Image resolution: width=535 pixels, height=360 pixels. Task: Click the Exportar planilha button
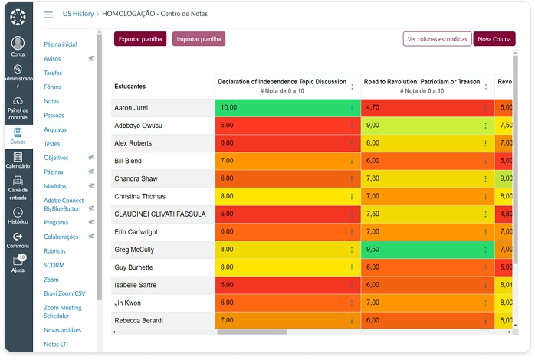click(140, 39)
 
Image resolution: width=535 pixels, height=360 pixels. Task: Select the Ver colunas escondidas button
click(437, 39)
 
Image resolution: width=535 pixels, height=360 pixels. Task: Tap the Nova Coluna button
click(494, 39)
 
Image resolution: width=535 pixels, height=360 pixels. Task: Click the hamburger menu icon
click(48, 15)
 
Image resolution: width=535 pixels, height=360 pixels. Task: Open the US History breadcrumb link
click(78, 14)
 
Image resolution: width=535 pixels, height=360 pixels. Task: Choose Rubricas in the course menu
click(54, 251)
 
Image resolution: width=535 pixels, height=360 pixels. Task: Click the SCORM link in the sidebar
click(54, 265)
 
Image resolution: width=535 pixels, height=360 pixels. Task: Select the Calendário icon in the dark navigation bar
click(18, 157)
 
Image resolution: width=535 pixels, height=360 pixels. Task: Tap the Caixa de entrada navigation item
click(18, 188)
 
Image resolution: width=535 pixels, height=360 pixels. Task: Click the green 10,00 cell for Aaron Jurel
click(287, 108)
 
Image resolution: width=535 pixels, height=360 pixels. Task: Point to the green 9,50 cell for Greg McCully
click(428, 250)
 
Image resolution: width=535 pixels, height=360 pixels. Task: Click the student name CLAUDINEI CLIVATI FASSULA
click(160, 214)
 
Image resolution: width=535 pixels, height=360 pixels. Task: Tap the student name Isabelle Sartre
click(136, 285)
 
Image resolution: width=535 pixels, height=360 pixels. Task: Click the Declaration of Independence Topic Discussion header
click(282, 82)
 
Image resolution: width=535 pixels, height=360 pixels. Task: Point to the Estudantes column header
click(130, 87)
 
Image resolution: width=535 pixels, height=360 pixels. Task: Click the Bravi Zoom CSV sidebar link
click(64, 293)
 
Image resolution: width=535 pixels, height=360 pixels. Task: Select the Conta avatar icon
click(18, 43)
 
